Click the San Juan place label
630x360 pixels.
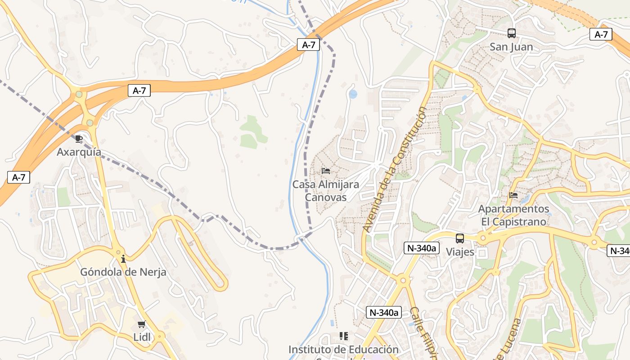[511, 47]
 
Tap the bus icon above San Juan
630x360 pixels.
[511, 33]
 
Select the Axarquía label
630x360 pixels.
[79, 152]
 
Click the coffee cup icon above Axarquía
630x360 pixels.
[79, 139]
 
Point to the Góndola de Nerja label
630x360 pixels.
[123, 272]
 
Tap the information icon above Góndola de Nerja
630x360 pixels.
[123, 259]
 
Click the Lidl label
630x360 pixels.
[142, 337]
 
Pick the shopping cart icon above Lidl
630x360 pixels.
[142, 324]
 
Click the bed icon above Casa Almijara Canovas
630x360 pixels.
[326, 171]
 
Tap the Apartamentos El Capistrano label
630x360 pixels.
[513, 215]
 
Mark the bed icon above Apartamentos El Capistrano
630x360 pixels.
[513, 195]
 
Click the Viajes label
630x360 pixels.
[460, 252]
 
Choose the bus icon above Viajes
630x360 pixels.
[459, 238]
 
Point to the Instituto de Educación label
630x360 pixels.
[343, 350]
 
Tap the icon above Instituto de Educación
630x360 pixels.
[343, 336]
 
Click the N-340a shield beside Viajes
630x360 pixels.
[421, 248]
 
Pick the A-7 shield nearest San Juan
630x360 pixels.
[601, 34]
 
